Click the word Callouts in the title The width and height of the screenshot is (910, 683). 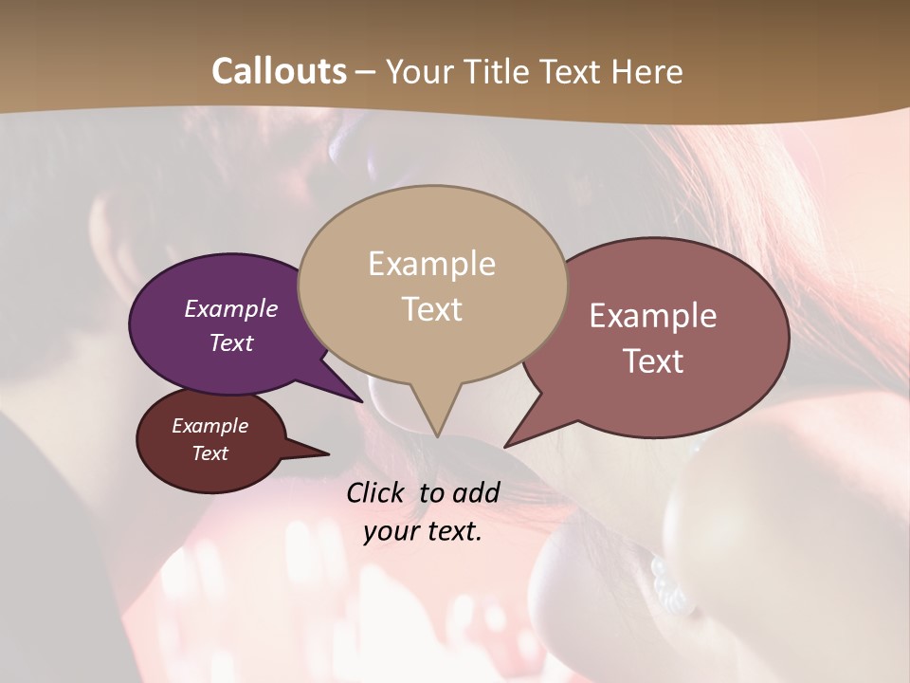pos(279,71)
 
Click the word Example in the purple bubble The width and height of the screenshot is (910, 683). pos(230,308)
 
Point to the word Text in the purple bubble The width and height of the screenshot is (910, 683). pos(230,342)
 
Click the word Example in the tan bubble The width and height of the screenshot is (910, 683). pos(431,264)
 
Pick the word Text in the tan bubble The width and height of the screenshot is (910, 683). pos(431,309)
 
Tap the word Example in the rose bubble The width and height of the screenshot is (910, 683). pos(653,316)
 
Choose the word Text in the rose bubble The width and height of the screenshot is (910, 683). pos(653,361)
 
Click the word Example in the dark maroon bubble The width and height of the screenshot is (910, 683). pos(209,426)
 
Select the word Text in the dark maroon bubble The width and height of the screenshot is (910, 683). pos(209,453)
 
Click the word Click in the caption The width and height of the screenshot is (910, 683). pos(377,492)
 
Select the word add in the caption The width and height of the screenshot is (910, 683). pos(476,492)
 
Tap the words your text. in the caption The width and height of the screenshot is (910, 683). pos(423,531)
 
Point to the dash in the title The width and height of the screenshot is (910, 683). pos(367,72)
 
